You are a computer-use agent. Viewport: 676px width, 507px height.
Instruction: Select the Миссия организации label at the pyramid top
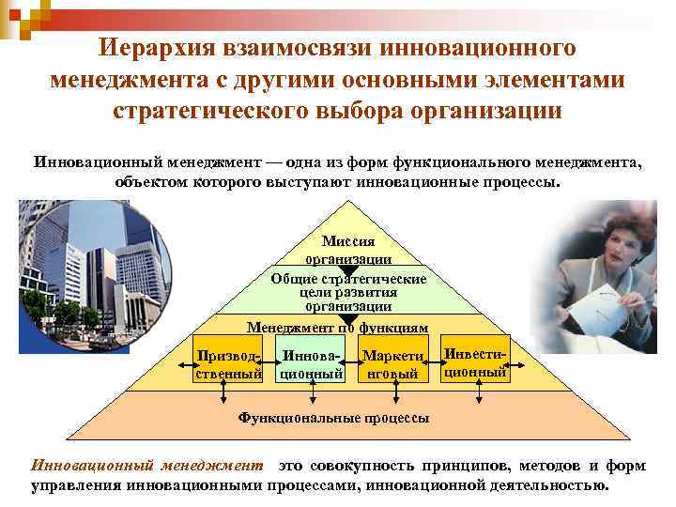click(348, 249)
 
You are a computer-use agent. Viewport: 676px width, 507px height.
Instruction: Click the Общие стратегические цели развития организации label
click(348, 291)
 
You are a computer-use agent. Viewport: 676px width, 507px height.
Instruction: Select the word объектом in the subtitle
click(151, 180)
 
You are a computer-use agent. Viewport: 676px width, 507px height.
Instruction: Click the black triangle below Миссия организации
click(348, 269)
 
